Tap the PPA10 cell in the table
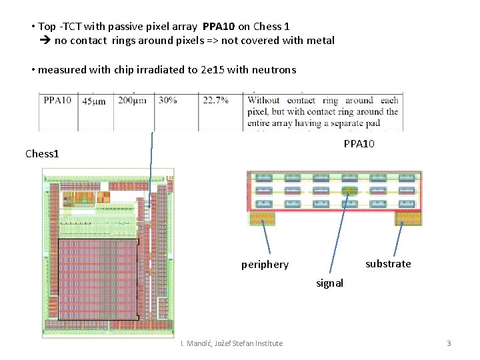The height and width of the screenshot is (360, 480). tap(58, 101)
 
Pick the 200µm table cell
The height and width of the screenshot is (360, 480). tap(133, 101)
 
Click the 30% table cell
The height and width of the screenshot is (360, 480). tap(168, 101)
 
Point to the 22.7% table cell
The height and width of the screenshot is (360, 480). tap(215, 101)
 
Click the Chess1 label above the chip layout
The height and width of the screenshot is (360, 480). tap(42, 154)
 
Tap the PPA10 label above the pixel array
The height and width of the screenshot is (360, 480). tap(359, 144)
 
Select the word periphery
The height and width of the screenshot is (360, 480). tap(265, 265)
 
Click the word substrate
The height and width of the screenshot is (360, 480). tap(388, 264)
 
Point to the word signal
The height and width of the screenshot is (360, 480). tap(329, 283)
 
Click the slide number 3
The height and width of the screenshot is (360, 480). tap(449, 343)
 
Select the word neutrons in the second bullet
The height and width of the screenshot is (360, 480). tap(273, 70)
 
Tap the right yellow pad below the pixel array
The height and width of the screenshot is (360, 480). tap(407, 218)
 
